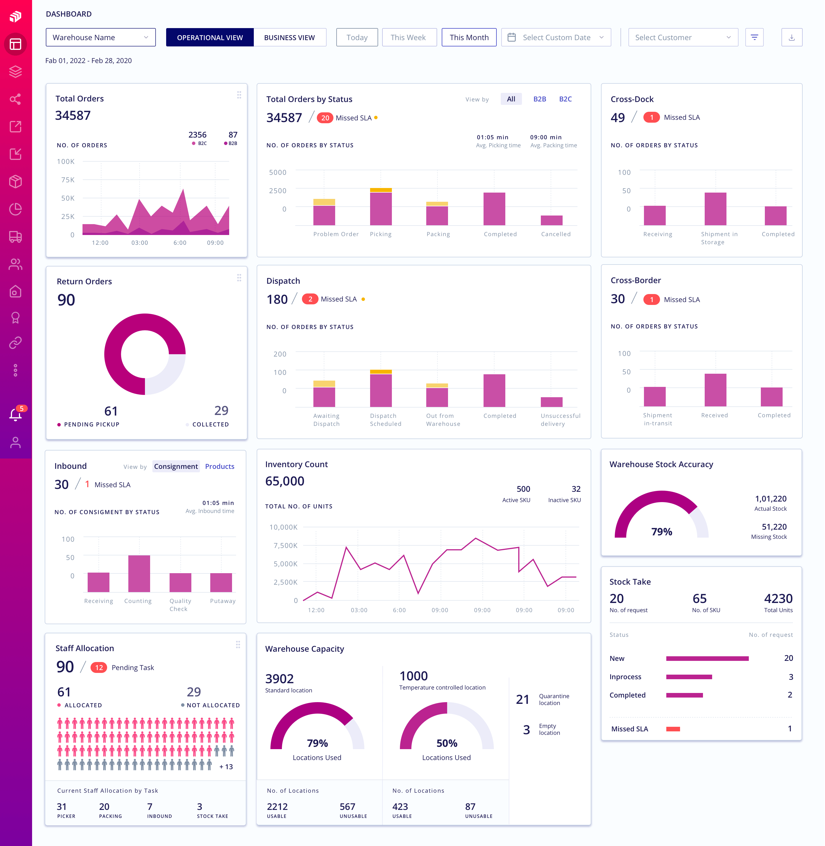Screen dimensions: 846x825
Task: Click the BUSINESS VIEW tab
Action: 289,38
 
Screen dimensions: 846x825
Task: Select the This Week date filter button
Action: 408,38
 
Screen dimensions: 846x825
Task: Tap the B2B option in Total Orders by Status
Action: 539,99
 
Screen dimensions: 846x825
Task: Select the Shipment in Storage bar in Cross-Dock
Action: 715,209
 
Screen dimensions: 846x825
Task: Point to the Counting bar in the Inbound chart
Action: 139,573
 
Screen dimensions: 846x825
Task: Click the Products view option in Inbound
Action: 220,466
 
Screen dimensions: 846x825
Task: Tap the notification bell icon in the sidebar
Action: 15,415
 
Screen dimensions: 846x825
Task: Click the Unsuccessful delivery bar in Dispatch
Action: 551,402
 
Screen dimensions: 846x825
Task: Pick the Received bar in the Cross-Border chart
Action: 715,390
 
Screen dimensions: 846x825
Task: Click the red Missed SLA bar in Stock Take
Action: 673,729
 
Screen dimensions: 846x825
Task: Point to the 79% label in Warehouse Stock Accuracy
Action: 662,532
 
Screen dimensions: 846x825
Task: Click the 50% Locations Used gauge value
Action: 447,743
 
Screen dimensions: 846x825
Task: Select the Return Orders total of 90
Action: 66,300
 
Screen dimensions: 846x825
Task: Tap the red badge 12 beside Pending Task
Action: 99,667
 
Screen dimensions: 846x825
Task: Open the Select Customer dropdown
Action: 683,38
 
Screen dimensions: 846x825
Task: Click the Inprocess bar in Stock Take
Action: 689,677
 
